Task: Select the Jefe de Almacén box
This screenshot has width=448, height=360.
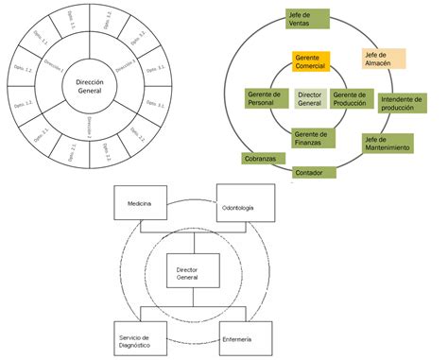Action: (x=384, y=59)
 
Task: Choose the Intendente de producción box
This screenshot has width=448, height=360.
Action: (x=408, y=104)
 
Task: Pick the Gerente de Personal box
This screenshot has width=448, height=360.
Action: (x=267, y=100)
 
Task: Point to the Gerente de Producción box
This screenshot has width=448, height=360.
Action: (x=352, y=100)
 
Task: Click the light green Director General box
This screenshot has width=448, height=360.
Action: (x=310, y=100)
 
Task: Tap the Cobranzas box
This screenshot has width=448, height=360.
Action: (x=259, y=159)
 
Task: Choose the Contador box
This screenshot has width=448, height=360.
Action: (x=308, y=173)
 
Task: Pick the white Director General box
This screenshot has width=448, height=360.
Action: (x=193, y=273)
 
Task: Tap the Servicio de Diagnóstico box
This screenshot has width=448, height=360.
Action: (x=140, y=336)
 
